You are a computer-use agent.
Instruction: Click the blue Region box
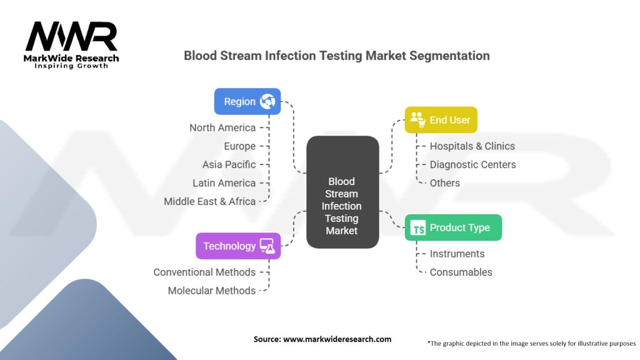pos(247,101)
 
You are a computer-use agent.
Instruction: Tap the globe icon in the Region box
pos(267,101)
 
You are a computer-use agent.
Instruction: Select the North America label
pos(222,127)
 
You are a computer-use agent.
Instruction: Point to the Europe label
pos(240,146)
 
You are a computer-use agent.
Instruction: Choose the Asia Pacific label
pos(229,164)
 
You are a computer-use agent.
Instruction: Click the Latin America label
pos(224,183)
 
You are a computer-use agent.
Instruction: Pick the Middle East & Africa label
pos(209,201)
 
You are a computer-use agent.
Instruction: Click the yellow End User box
pos(441,119)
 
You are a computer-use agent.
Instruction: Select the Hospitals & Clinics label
pos(472,146)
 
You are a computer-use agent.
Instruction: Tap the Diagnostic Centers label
pos(472,164)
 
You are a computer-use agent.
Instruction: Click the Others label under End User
pos(444,183)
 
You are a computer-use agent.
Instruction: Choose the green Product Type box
pos(453,227)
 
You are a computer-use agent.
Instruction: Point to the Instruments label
pos(457,254)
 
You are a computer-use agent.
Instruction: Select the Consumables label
pos(461,272)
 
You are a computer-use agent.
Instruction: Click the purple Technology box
pos(238,246)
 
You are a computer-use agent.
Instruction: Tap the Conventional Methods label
pos(204,272)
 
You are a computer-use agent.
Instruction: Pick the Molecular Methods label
pos(211,291)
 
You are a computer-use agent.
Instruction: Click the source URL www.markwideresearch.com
pos(337,339)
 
